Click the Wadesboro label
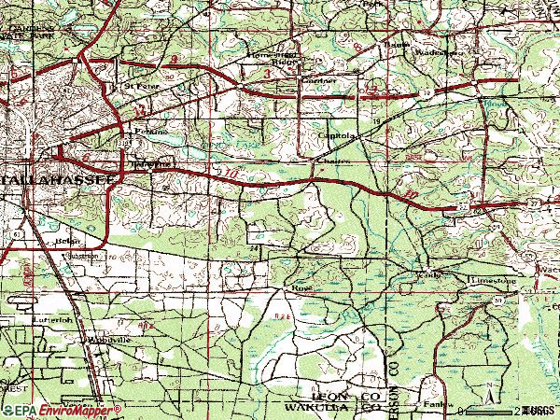[x=442, y=52]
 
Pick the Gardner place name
[x=315, y=81]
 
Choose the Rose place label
[x=301, y=288]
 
